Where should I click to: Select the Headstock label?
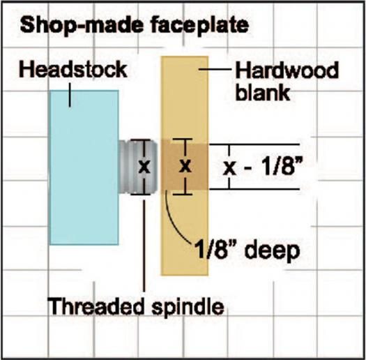click(x=73, y=69)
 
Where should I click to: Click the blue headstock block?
click(x=84, y=167)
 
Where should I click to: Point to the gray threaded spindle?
click(x=138, y=167)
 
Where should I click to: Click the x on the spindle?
click(x=144, y=167)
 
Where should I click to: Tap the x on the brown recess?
click(x=185, y=166)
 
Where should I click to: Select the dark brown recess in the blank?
click(x=185, y=167)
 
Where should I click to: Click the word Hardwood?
click(x=287, y=70)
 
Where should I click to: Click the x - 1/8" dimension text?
click(x=264, y=167)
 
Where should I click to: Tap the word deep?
click(x=273, y=250)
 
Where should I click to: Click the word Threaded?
click(x=96, y=306)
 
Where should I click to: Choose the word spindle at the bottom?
click(x=188, y=307)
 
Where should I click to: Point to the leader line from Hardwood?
click(x=215, y=69)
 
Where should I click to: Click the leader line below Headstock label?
click(x=70, y=94)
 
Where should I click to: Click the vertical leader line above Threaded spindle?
click(x=144, y=246)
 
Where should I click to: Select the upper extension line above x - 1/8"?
click(x=254, y=145)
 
